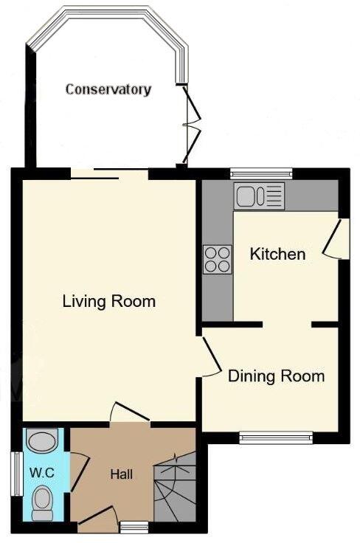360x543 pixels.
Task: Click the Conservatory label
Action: click(x=108, y=89)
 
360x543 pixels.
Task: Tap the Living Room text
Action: click(x=108, y=301)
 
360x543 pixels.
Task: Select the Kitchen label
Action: click(x=277, y=255)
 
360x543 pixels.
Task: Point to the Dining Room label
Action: click(x=276, y=376)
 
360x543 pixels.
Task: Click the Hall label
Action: click(x=121, y=474)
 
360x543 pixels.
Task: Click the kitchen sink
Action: click(x=259, y=196)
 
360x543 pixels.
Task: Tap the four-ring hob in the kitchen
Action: click(x=217, y=258)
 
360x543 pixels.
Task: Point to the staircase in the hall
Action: click(x=176, y=489)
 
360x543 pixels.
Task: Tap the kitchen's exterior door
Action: click(x=336, y=239)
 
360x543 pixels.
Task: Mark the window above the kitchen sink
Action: click(x=260, y=174)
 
